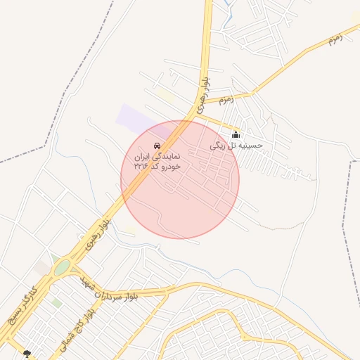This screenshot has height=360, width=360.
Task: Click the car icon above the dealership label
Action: (156, 145)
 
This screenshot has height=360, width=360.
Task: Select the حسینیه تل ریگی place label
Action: (236, 146)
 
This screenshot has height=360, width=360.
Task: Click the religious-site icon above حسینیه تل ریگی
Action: (236, 134)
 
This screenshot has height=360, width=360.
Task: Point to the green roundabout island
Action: (62, 268)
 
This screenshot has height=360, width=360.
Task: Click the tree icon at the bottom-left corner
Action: (27, 354)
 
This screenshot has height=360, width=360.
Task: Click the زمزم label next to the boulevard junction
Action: (226, 100)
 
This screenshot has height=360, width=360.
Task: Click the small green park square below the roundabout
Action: (56, 302)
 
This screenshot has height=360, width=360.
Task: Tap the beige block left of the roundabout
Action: (42, 268)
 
